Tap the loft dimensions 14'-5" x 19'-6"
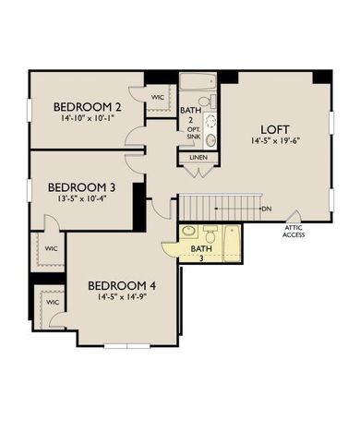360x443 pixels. (275, 142)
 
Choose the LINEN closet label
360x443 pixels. (198, 157)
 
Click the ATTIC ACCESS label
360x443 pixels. (294, 232)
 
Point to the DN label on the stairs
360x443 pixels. (266, 209)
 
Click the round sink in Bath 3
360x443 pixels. (188, 231)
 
